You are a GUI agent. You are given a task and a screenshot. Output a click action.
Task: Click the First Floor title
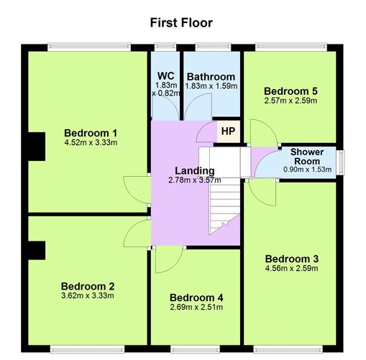(181, 23)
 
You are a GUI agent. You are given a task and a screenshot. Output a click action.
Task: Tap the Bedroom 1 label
(91, 133)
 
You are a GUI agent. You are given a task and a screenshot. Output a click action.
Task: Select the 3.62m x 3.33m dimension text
(88, 295)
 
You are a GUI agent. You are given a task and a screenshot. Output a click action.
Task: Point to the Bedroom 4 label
(196, 297)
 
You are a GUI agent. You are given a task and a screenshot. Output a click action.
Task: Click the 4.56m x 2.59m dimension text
(292, 268)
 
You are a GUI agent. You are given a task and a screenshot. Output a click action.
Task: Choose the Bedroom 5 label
(290, 91)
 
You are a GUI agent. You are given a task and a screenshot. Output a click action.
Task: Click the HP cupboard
(228, 131)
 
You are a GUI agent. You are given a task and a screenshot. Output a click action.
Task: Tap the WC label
(166, 76)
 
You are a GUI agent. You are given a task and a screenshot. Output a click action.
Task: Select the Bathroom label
(211, 77)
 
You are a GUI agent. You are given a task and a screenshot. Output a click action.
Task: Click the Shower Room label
(307, 157)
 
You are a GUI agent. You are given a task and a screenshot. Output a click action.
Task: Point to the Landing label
(195, 171)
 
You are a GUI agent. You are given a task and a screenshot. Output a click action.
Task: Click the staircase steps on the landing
(224, 206)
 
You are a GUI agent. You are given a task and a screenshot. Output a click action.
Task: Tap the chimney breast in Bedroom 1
(37, 147)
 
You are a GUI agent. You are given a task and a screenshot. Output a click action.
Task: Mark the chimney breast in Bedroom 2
(37, 250)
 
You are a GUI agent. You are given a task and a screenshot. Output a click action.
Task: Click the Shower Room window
(340, 162)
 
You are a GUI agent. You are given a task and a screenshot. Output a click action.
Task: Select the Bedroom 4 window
(195, 349)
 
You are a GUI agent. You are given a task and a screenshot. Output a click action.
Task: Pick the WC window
(165, 47)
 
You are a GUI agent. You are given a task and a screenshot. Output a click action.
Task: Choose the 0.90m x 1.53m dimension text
(308, 170)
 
